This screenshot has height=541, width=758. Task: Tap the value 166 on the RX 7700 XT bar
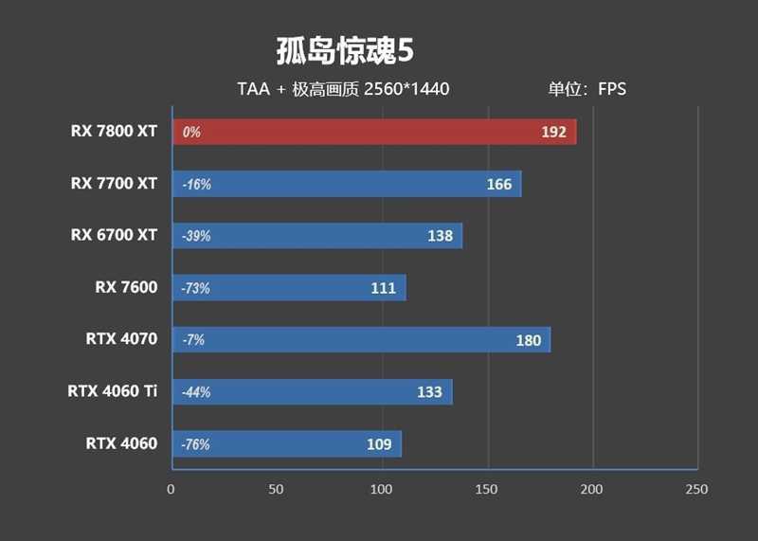498,184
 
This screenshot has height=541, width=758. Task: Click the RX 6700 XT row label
114,235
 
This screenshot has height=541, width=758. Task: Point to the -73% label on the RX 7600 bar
196,288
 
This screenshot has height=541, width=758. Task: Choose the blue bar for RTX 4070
360,340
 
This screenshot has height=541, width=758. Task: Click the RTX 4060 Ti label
112,390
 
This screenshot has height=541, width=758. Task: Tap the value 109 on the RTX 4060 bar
379,443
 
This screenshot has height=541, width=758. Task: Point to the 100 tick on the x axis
381,489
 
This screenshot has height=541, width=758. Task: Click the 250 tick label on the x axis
696,489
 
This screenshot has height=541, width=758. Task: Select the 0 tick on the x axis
171,489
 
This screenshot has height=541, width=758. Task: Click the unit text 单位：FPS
587,90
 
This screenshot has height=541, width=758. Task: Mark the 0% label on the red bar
191,133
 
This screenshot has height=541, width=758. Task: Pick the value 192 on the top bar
553,133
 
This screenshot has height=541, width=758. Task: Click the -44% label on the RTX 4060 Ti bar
196,392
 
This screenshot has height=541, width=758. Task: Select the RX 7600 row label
126,286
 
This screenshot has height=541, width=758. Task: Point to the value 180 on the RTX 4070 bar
528,340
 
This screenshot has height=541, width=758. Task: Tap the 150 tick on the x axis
487,489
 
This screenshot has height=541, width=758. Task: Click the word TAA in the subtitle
254,90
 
